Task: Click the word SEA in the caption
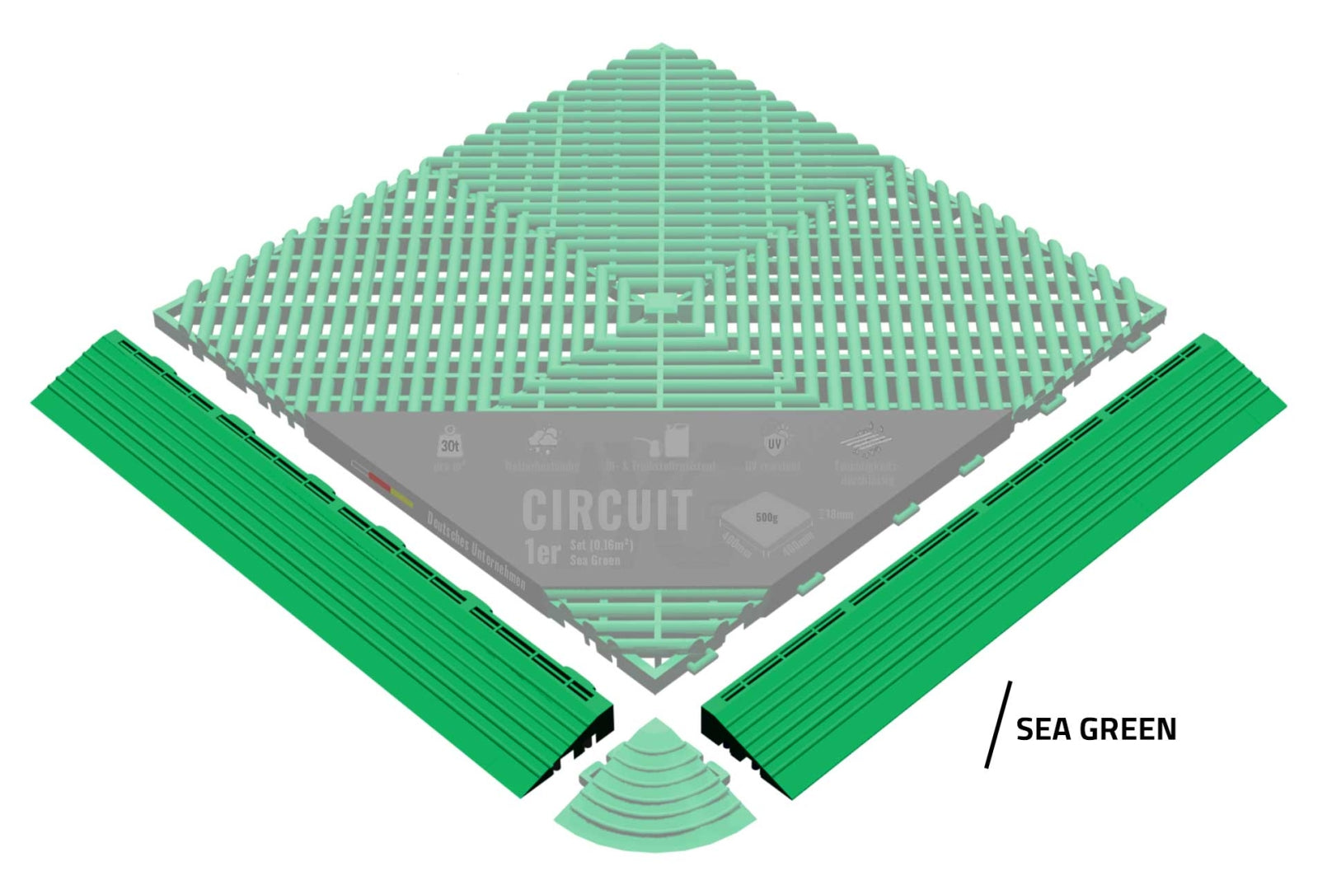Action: pos(1043,729)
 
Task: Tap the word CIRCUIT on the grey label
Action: pos(607,510)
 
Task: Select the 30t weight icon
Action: pos(449,443)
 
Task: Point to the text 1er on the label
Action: pos(542,550)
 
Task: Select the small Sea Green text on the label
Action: pos(595,560)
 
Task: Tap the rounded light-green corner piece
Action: pos(654,778)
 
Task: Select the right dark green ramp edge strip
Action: pos(993,564)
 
